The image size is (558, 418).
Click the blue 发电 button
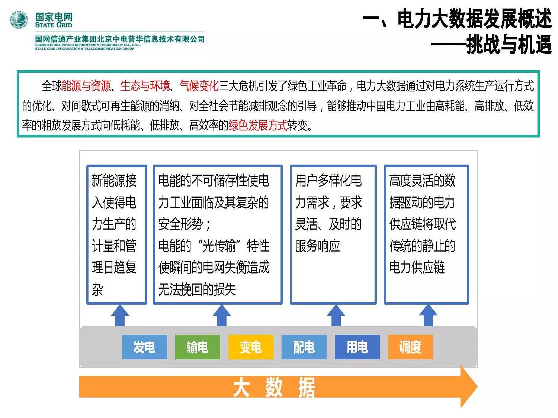point(144,347)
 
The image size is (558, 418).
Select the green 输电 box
point(198,347)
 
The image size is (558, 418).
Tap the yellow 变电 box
point(251,347)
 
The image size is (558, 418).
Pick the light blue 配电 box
point(304,347)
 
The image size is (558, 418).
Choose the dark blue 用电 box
point(357,347)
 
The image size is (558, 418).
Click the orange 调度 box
point(410,347)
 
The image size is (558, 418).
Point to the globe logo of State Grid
point(19,20)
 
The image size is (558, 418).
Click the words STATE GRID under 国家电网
point(54,25)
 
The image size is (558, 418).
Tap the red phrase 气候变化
point(199,86)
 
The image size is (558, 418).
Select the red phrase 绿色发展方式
point(258,125)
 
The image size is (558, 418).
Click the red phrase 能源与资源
point(86,86)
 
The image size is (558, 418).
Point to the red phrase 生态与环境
point(145,86)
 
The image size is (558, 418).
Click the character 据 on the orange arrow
point(307,388)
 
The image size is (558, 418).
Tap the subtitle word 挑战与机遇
point(509,45)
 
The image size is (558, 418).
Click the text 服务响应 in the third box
point(318,246)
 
